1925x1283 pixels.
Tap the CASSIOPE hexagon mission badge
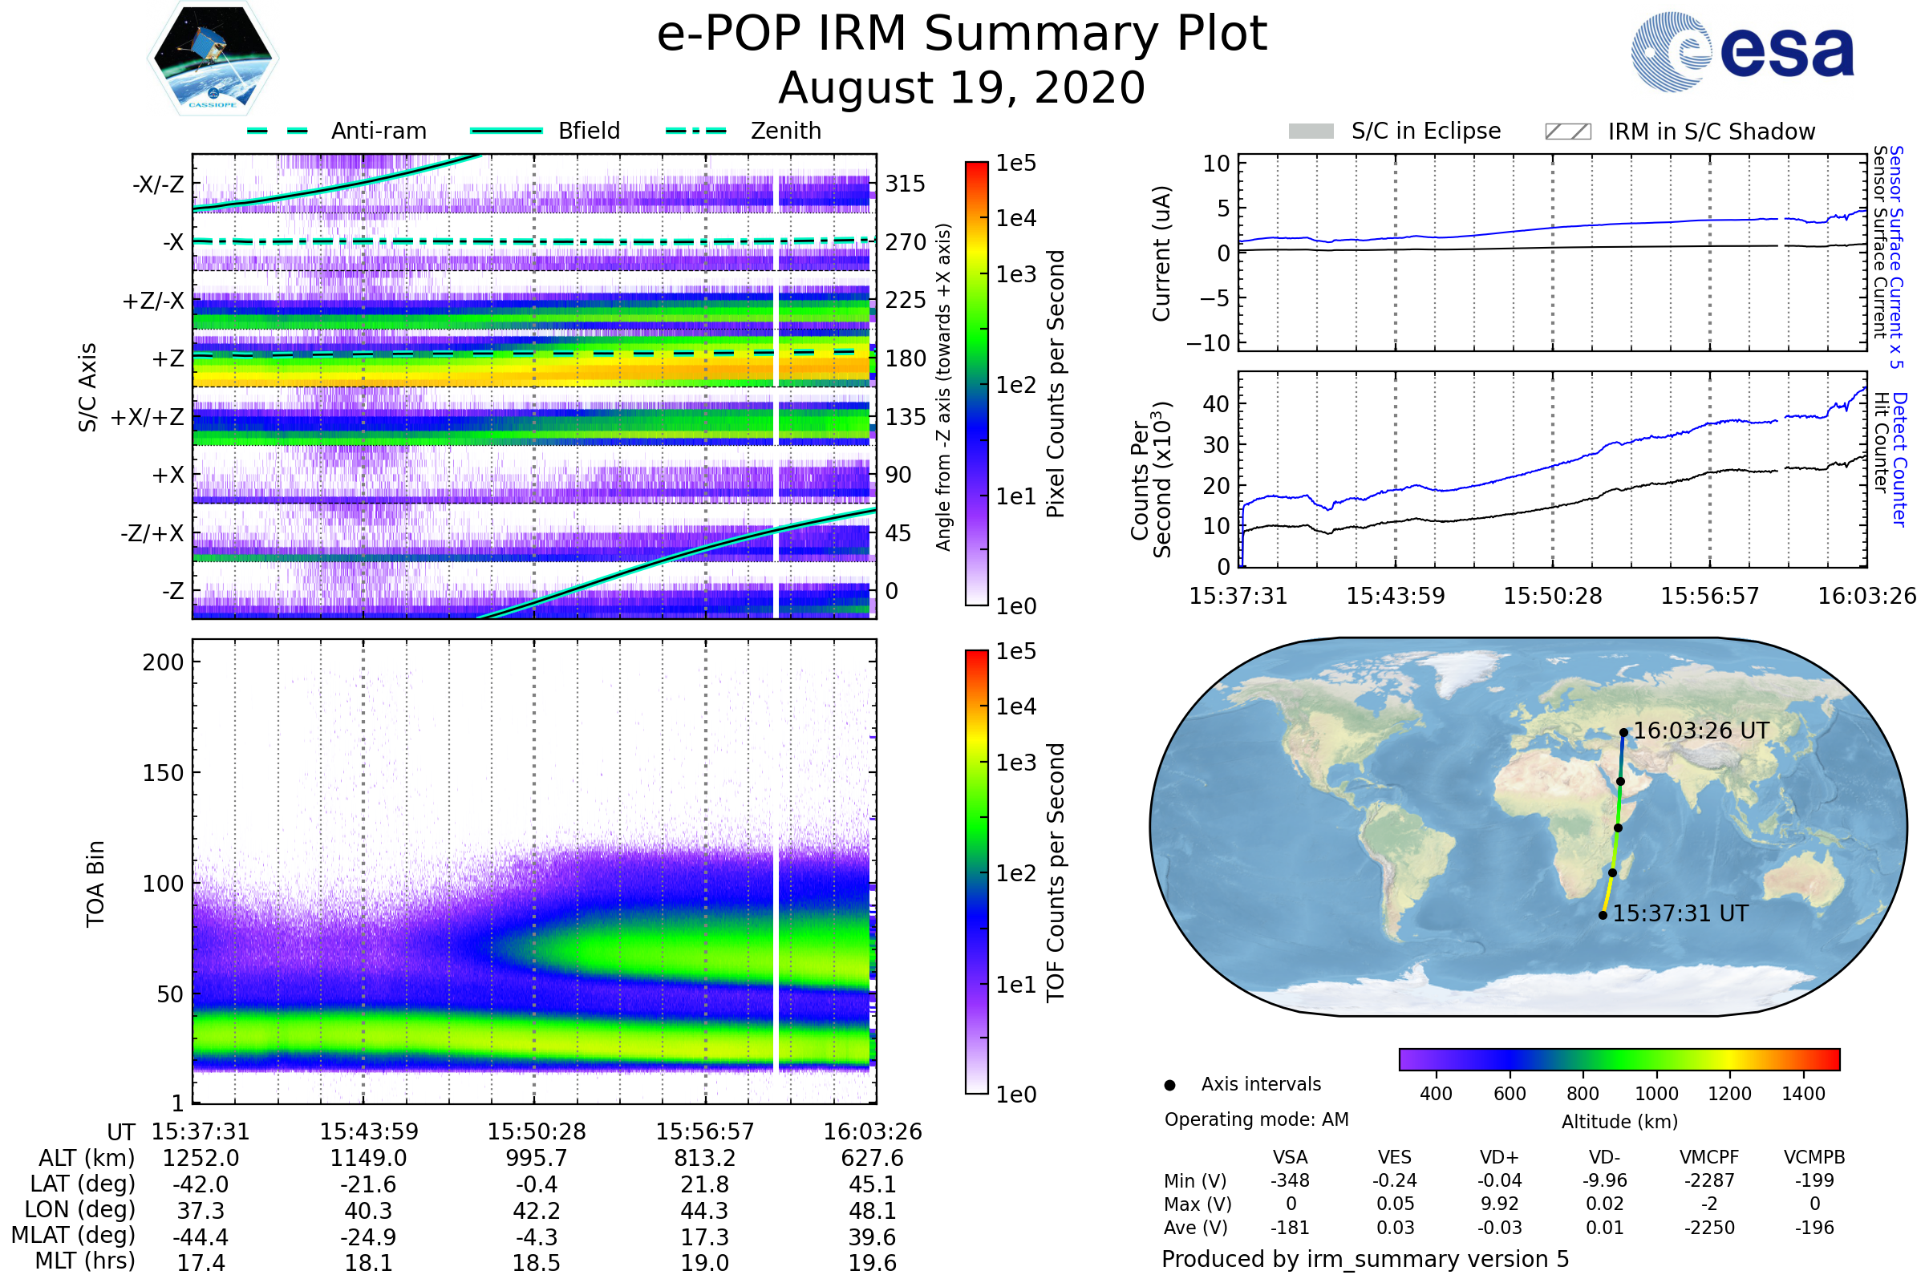(213, 57)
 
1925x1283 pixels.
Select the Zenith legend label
(786, 131)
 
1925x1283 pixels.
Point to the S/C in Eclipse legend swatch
(1311, 132)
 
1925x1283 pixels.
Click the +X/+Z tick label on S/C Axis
(148, 417)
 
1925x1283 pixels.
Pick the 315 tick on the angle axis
(905, 184)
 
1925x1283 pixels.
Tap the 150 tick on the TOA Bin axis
(163, 773)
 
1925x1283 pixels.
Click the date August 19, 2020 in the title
(962, 87)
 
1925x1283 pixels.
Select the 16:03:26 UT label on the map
(1700, 731)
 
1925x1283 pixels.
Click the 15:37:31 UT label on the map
(1680, 913)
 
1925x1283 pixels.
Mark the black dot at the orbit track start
(1603, 916)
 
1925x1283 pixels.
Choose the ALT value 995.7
(536, 1159)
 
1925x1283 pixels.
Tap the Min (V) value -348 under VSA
(1290, 1180)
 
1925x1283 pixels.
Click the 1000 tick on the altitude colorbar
(1655, 1094)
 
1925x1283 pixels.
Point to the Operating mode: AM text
(1256, 1119)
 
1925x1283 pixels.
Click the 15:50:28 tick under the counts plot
(1553, 596)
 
